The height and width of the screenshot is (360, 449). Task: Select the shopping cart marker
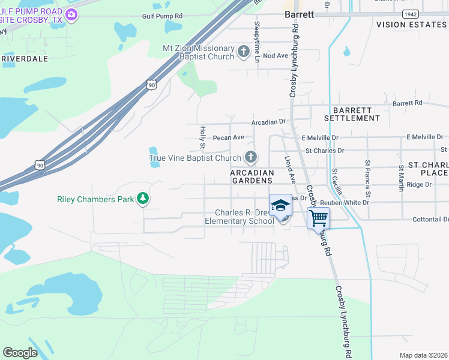coord(318,217)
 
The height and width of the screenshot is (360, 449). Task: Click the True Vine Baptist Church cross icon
coord(251,158)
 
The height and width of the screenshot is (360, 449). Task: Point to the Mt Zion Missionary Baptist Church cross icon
coord(244,52)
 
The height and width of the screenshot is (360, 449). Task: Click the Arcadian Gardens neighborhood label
coord(252,176)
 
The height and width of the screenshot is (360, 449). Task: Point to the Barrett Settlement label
coord(352,114)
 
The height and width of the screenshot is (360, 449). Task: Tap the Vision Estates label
coord(412,25)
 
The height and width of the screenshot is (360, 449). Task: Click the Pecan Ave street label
coord(229,137)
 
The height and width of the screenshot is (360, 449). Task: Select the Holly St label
coord(202,137)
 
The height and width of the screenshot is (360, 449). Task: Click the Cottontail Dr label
coord(430,220)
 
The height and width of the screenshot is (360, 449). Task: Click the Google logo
coord(20,352)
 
